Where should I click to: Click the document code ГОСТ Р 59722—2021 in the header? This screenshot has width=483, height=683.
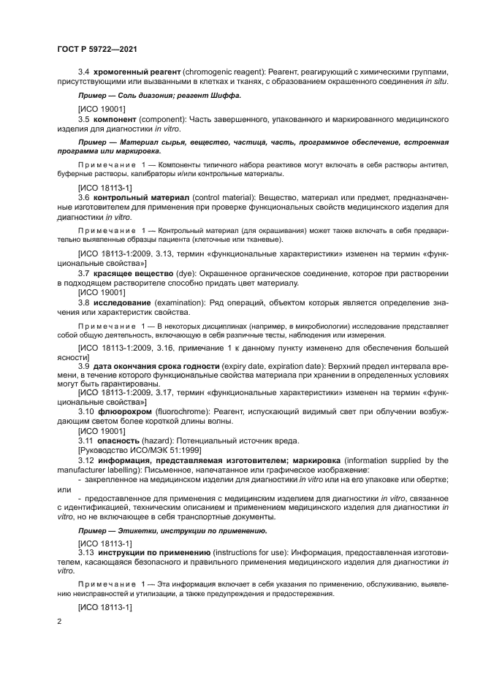97,49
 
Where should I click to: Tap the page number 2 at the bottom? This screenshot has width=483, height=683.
58,620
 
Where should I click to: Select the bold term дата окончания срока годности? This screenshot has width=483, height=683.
156,365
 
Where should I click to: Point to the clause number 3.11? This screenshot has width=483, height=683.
86,440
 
